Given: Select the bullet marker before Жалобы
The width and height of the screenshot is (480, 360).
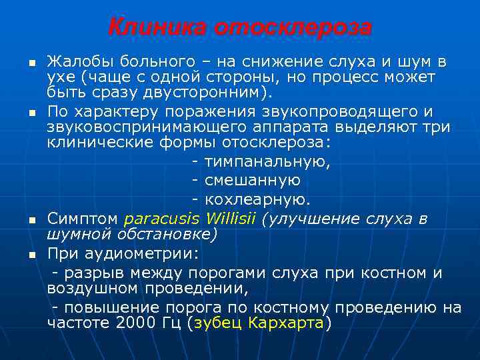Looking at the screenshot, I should [31, 63].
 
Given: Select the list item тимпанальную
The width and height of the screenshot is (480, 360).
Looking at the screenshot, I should [267, 162].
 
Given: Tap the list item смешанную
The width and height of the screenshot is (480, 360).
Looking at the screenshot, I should [253, 180].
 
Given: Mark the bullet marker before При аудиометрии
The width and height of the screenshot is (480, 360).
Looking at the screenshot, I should [31, 255].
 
